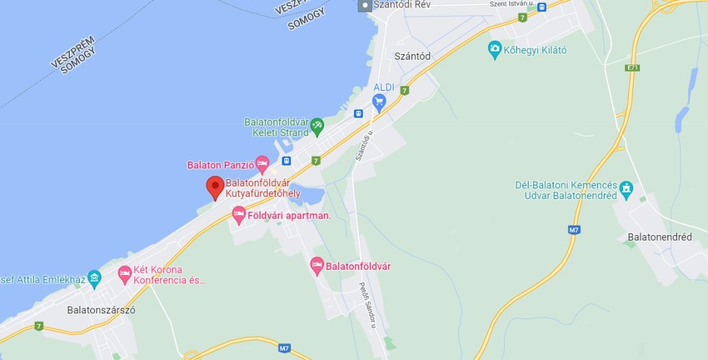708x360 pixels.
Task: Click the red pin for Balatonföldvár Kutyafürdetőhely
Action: click(x=215, y=187)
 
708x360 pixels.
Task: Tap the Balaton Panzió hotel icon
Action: click(x=262, y=164)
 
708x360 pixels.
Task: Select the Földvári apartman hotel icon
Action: click(x=239, y=216)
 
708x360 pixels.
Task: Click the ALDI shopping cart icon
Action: click(x=380, y=103)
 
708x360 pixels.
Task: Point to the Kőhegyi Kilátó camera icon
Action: click(x=495, y=49)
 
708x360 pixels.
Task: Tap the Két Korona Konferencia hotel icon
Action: click(x=125, y=273)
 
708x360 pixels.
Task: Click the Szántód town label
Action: click(x=412, y=57)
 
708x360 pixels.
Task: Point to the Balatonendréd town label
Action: click(x=659, y=237)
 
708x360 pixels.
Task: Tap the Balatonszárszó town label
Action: click(x=101, y=310)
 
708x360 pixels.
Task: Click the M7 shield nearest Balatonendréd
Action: click(x=574, y=229)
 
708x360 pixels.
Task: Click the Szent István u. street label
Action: click(x=509, y=5)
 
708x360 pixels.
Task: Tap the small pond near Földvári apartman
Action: click(x=309, y=195)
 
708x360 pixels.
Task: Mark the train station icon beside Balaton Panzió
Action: click(x=287, y=161)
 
